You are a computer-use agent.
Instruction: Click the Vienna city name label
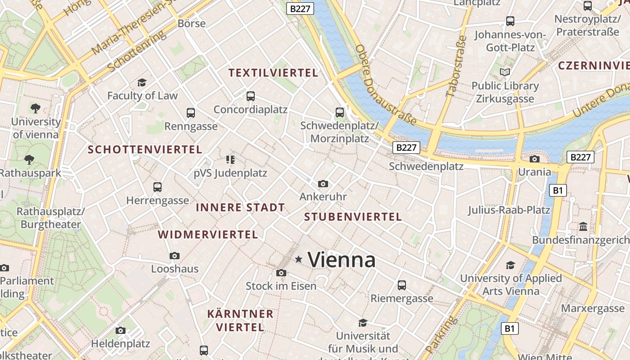coord(342,260)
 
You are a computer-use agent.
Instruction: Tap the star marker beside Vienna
coord(298,259)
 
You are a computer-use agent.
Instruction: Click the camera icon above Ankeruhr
coord(323,184)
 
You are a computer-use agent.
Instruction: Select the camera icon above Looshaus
coord(175,256)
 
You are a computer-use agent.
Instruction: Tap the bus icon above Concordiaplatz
coord(251,96)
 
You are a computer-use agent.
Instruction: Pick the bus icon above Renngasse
coord(191,112)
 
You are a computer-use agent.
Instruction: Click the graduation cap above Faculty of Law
coord(142,82)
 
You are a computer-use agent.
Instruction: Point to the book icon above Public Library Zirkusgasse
coord(505,72)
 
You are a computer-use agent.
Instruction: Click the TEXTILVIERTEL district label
coord(273,73)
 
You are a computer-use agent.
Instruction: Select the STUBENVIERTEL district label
coord(353,217)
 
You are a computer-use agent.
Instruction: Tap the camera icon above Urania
coord(535,159)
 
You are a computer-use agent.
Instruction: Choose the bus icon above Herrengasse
coord(157,187)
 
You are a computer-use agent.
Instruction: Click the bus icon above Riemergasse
coord(402,285)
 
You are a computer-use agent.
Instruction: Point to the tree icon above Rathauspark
coord(29,159)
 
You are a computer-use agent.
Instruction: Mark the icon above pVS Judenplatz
coord(230,159)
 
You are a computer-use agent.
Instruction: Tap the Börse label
coord(192,23)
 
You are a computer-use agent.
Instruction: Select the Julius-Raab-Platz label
coord(509,210)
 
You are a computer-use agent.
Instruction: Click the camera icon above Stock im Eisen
coord(281,273)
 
